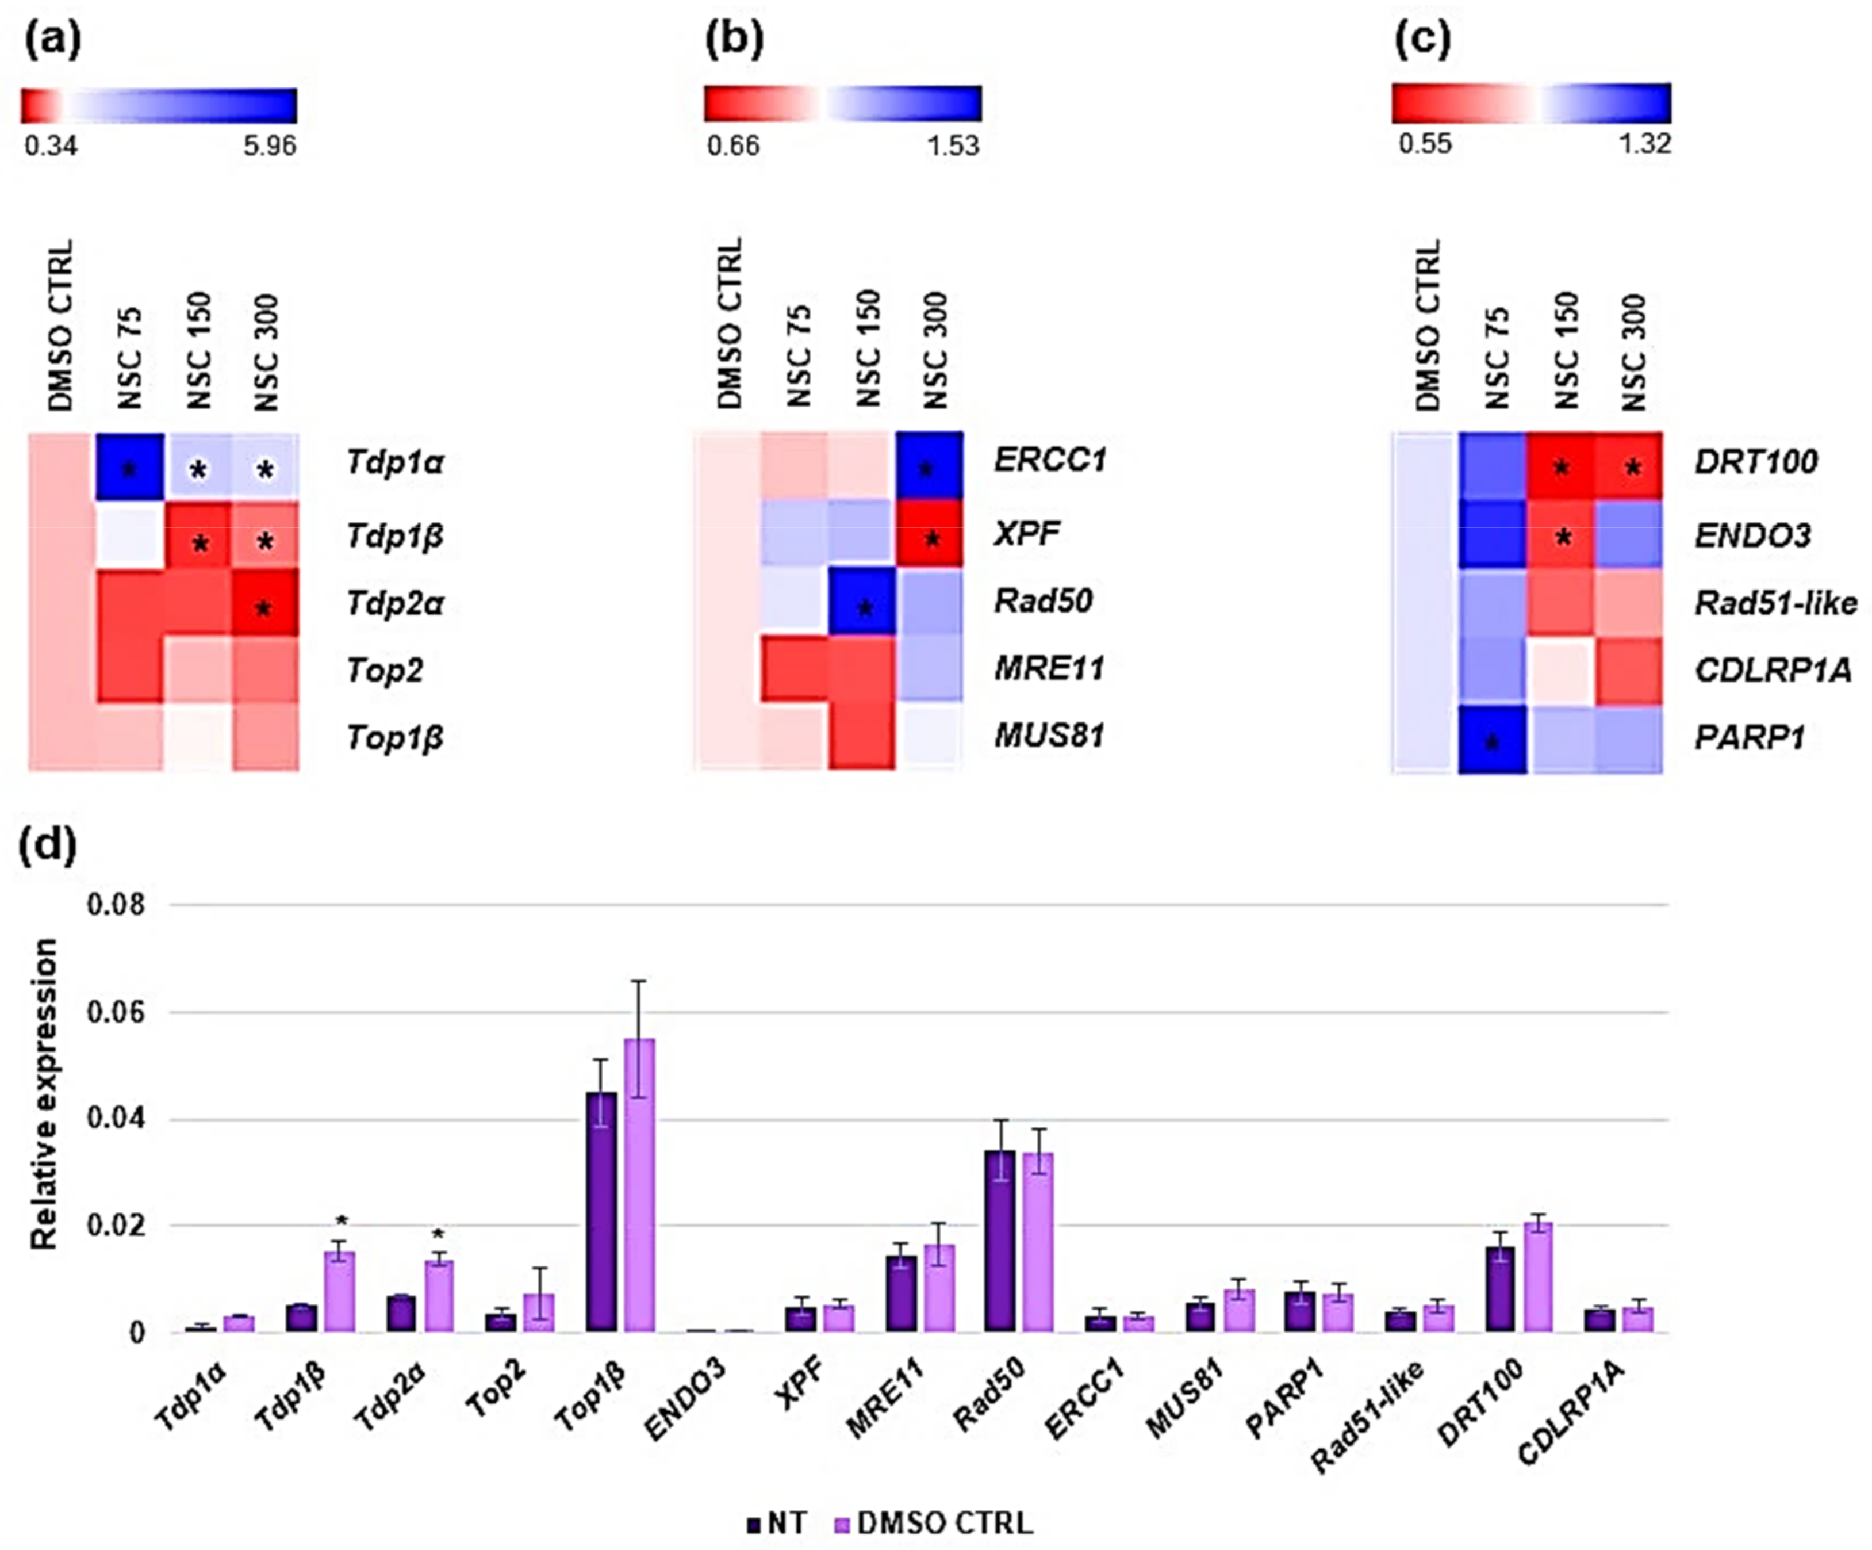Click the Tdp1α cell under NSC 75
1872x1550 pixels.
pyautogui.click(x=129, y=468)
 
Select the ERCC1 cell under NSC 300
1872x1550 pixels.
pyautogui.click(x=929, y=465)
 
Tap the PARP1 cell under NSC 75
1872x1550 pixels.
pyautogui.click(x=1492, y=739)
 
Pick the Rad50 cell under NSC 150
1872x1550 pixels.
pyautogui.click(x=862, y=602)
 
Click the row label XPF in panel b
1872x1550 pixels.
pyautogui.click(x=1027, y=533)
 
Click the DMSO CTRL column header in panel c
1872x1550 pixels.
pyautogui.click(x=1427, y=326)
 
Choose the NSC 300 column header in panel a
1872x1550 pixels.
pyautogui.click(x=266, y=352)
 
